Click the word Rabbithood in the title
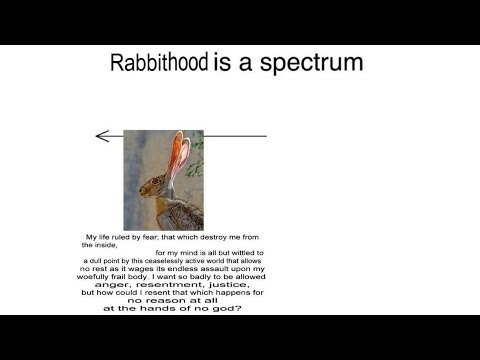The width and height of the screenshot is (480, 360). pos(159,62)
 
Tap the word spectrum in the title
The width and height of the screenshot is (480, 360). pos(311,63)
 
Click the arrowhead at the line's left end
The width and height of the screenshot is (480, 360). pos(102,136)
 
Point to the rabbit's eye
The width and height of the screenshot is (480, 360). pos(155,181)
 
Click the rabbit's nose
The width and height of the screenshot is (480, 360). pos(141,191)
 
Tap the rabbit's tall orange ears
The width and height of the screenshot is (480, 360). pos(179,153)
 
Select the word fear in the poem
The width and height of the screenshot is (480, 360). pos(150,237)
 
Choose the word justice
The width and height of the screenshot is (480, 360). pos(229,285)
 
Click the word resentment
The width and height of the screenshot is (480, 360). pos(171,285)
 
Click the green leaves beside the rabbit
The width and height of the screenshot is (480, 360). pos(196,157)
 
